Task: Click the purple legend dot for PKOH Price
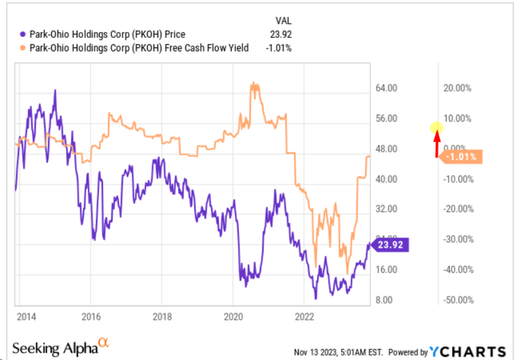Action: point(23,34)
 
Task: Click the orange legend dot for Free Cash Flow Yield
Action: point(23,48)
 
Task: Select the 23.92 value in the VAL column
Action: point(281,34)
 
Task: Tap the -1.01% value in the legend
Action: point(278,48)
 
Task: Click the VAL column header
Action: point(283,21)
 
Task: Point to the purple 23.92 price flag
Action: point(389,245)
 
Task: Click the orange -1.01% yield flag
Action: point(460,157)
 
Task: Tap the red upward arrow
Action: point(437,144)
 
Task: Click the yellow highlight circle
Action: point(437,127)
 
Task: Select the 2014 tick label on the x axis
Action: point(27,317)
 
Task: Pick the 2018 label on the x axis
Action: point(163,317)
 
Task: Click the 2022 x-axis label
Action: point(304,317)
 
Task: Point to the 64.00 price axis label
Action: point(386,88)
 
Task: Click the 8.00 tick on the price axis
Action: point(384,300)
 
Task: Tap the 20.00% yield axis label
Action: point(457,88)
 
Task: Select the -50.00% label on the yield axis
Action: point(459,300)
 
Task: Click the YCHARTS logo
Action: point(468,352)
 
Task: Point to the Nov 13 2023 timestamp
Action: point(338,353)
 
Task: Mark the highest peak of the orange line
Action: point(253,82)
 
